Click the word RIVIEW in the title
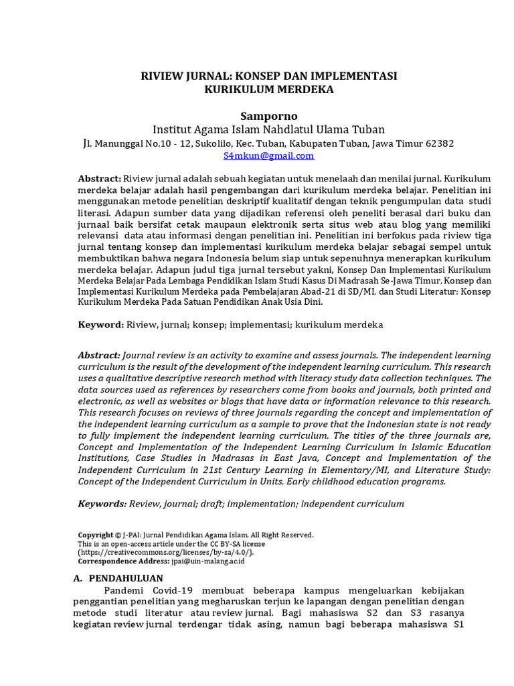[161, 76]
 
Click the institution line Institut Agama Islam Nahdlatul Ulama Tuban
[269, 129]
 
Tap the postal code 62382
[439, 143]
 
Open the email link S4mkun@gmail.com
[268, 155]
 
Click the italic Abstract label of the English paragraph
[99, 355]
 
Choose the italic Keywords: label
[102, 503]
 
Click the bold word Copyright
[96, 535]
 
